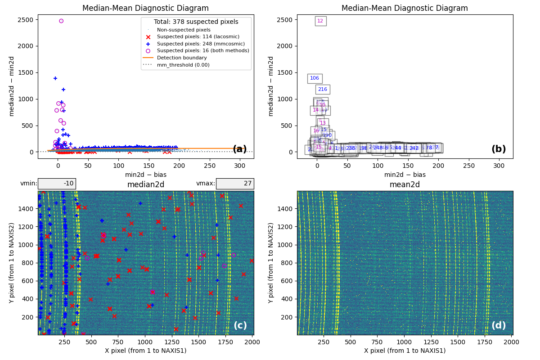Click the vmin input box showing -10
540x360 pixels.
click(57, 184)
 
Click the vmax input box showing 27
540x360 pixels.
click(234, 184)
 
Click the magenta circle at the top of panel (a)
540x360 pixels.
click(61, 21)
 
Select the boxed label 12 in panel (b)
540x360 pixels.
click(320, 21)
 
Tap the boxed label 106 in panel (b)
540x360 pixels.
click(315, 78)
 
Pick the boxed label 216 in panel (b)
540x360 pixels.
click(323, 89)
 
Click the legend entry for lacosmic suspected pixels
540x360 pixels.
click(198, 37)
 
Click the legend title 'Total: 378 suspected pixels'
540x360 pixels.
click(196, 22)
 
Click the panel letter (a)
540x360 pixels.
click(240, 149)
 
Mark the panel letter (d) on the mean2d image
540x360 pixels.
click(499, 325)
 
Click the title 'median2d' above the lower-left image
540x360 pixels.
click(146, 184)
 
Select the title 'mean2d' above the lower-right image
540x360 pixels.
click(405, 184)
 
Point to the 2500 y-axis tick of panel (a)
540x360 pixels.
click(25, 20)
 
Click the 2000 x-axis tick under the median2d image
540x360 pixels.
click(252, 342)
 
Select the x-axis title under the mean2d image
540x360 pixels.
click(405, 351)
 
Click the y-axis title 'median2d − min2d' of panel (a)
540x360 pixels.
click(12, 86)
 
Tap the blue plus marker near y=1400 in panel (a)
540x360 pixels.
click(55, 78)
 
